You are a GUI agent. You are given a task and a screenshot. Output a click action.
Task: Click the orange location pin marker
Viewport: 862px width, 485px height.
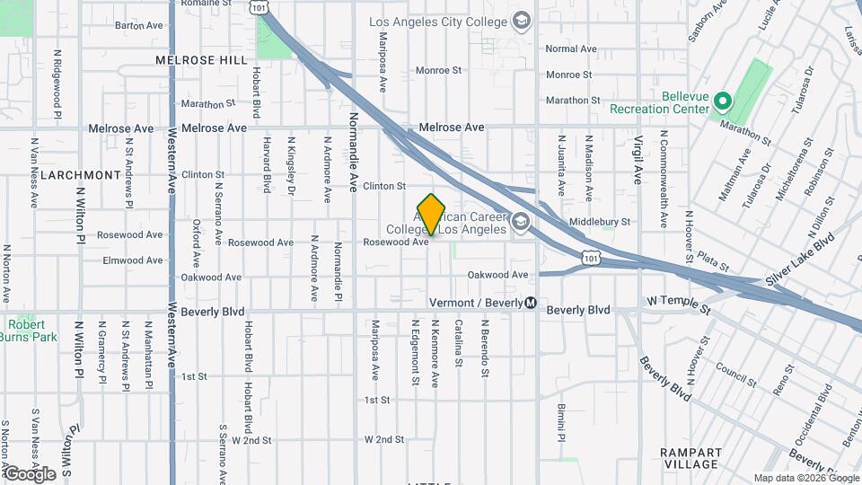[x=432, y=215]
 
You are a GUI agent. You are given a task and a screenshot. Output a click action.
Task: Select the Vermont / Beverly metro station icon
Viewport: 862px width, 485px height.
[x=532, y=303]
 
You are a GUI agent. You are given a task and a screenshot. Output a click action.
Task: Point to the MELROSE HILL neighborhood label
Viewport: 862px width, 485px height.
[x=200, y=60]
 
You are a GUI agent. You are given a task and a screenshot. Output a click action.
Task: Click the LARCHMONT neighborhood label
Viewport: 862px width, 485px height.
[x=81, y=174]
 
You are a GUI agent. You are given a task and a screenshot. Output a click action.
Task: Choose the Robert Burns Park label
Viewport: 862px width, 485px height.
[x=33, y=331]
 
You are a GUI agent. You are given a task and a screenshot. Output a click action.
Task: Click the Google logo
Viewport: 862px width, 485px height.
[x=30, y=473]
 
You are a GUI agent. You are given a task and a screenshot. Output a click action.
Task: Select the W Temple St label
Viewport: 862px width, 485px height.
[x=678, y=310]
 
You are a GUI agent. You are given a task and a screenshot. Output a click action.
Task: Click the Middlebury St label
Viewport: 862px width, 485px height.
[x=600, y=221]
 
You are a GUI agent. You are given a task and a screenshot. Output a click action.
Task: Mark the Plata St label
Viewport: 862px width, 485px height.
[x=713, y=261]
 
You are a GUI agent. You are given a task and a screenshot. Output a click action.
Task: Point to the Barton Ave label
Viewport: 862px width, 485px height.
[x=138, y=25]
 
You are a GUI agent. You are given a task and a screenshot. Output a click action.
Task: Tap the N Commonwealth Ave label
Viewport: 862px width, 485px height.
[x=664, y=179]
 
